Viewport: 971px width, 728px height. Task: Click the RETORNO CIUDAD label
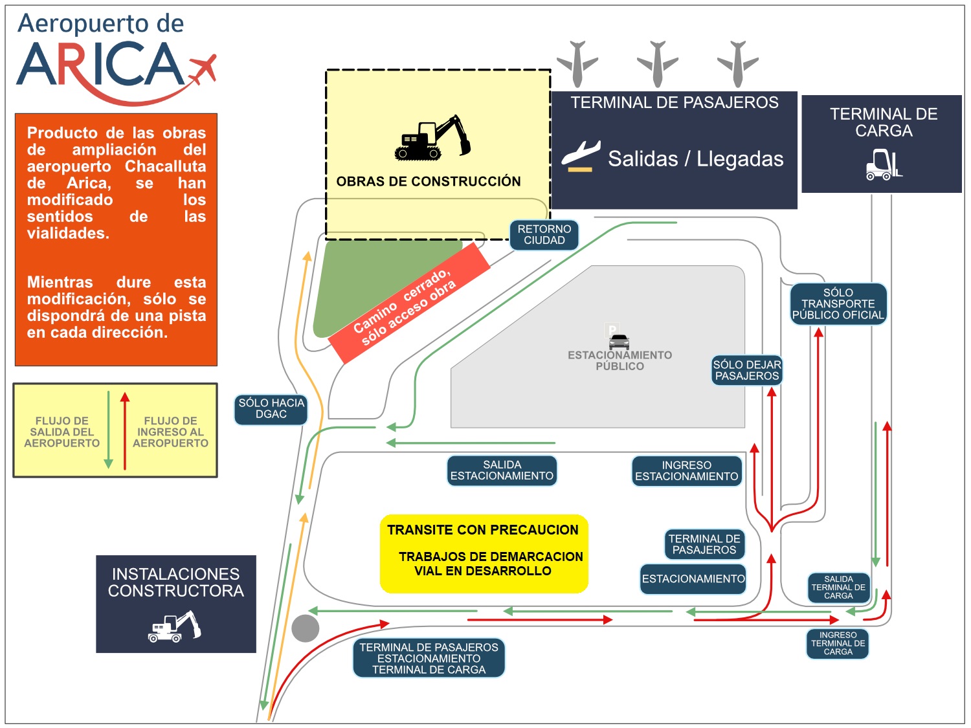(544, 235)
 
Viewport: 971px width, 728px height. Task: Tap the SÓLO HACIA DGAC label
(271, 409)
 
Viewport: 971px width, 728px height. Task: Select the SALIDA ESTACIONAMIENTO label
(502, 470)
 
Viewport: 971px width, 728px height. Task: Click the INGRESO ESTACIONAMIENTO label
(686, 471)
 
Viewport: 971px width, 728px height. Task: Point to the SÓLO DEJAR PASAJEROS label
(747, 370)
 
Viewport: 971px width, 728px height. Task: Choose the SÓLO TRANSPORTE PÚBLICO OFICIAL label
(838, 304)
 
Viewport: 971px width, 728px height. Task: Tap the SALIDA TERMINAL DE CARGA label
(838, 588)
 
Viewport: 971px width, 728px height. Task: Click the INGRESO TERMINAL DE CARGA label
(838, 644)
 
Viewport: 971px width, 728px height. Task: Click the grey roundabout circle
(306, 628)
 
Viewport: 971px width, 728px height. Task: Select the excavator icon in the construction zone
(432, 138)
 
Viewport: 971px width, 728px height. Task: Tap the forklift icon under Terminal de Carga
(884, 164)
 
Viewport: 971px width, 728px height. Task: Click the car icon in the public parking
(619, 341)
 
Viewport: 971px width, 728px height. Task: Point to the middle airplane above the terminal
(658, 63)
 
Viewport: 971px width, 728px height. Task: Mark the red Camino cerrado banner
(409, 303)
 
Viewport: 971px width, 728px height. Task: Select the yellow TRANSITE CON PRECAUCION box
(484, 553)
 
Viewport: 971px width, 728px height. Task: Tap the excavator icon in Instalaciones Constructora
(175, 626)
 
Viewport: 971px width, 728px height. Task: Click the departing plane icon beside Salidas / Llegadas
(580, 156)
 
